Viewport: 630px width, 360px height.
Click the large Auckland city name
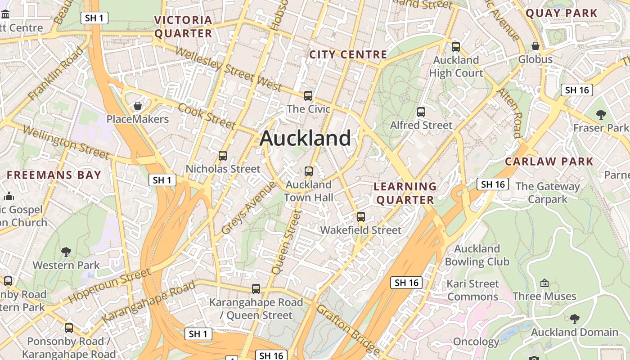305,138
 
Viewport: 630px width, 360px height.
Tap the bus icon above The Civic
308,95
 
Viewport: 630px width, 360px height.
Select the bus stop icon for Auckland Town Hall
309,171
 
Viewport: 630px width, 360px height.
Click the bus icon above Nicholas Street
223,156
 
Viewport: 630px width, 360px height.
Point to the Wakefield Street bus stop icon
361,217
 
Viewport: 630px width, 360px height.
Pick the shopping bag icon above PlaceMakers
138,106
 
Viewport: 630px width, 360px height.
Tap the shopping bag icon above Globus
535,46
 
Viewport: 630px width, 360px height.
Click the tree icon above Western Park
66,252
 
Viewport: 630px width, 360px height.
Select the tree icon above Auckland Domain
575,319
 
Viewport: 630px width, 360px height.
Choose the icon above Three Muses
544,283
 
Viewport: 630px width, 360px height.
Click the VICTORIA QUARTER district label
183,27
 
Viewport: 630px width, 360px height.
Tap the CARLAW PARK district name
549,162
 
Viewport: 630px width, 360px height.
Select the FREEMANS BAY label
54,175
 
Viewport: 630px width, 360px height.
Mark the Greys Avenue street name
248,207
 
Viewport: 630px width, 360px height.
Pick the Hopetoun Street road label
110,285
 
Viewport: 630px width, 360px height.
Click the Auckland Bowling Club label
477,255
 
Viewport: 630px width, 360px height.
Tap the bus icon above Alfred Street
421,112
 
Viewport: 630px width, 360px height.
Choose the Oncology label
476,342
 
